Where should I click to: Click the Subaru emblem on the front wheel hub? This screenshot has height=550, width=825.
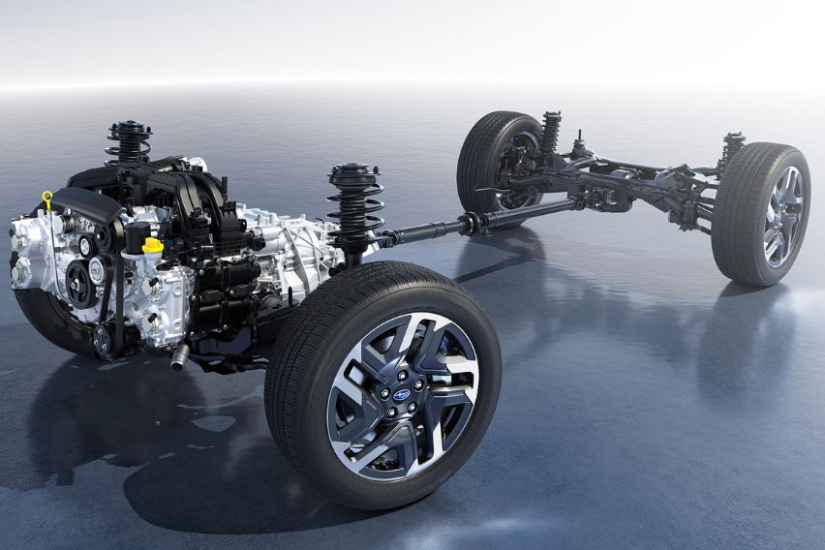click(x=401, y=395)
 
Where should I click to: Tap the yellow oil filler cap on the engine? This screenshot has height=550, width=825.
click(x=152, y=245)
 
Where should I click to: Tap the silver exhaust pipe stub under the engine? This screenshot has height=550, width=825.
click(x=180, y=359)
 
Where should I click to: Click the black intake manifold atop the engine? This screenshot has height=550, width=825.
click(x=184, y=194)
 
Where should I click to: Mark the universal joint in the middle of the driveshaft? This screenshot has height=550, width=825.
click(x=472, y=223)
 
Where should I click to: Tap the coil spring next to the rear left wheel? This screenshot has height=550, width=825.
click(x=551, y=134)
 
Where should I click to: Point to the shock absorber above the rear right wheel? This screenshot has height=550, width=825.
click(x=731, y=149)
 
